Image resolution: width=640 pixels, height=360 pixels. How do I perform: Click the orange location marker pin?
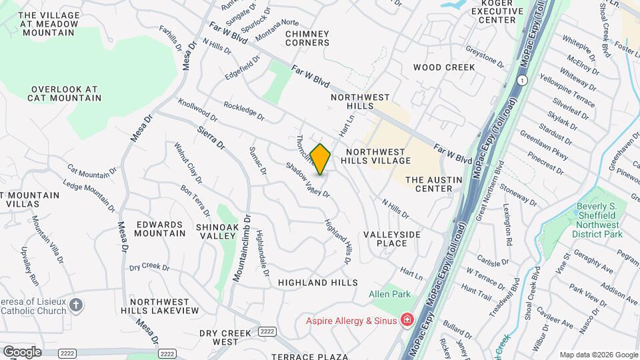coord(320,159)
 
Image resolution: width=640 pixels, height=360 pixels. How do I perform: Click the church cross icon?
coord(77,305)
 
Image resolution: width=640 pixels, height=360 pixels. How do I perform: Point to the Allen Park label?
coord(391,294)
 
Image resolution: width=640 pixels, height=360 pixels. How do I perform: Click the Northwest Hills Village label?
coord(375,156)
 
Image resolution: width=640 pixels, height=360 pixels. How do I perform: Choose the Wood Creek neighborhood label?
coord(443,67)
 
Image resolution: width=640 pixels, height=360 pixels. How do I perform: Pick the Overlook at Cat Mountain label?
coord(65,93)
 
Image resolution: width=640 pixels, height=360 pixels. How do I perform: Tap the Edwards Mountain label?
coord(160,229)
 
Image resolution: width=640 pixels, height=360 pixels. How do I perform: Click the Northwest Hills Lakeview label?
coord(164,306)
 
